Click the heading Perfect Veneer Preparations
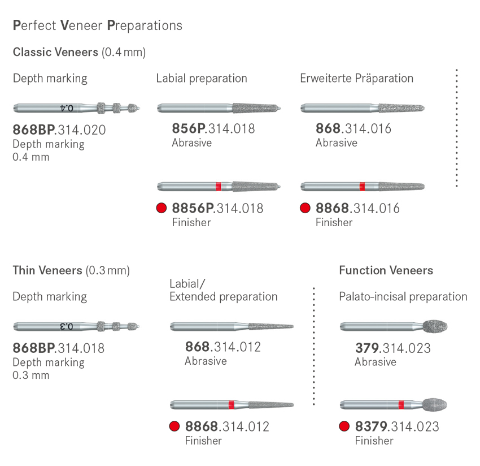tap(97, 25)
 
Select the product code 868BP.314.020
tap(59, 130)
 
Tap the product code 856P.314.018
tap(213, 129)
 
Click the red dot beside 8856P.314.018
tap(162, 208)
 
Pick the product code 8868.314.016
tap(357, 208)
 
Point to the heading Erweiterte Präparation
tap(356, 78)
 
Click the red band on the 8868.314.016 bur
tap(362, 186)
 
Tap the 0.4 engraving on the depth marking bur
tap(66, 107)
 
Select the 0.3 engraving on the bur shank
tap(66, 326)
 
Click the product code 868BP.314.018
tap(58, 348)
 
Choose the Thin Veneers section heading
tap(71, 270)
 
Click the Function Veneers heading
tap(386, 270)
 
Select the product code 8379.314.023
tap(397, 426)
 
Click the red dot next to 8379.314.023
tap(344, 426)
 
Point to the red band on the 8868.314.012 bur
tap(232, 404)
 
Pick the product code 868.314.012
tap(223, 347)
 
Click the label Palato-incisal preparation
tap(403, 296)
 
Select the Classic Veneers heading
tap(79, 53)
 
